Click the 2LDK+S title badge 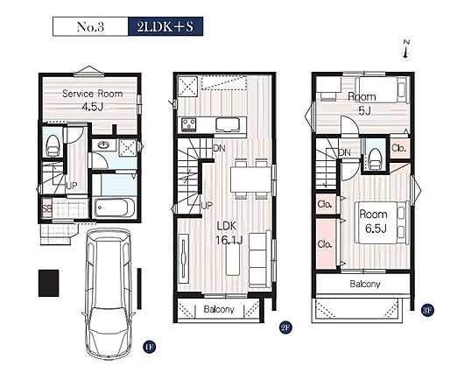coord(165,26)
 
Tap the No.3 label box coord(90,26)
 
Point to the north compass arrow coord(406,50)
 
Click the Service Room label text coord(92,94)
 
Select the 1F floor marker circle coord(149,347)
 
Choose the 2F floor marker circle coord(285,327)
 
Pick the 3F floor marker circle coord(428,310)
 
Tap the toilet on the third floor coord(376,159)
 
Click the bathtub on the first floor coord(112,208)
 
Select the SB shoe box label coord(46,208)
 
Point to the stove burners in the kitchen coord(188,124)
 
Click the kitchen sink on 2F coord(229,125)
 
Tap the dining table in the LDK coord(250,179)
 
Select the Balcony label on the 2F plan coord(219,309)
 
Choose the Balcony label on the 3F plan coord(365,284)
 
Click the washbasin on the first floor coord(103,144)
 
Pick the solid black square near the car coord(49,283)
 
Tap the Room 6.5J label coord(375,222)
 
